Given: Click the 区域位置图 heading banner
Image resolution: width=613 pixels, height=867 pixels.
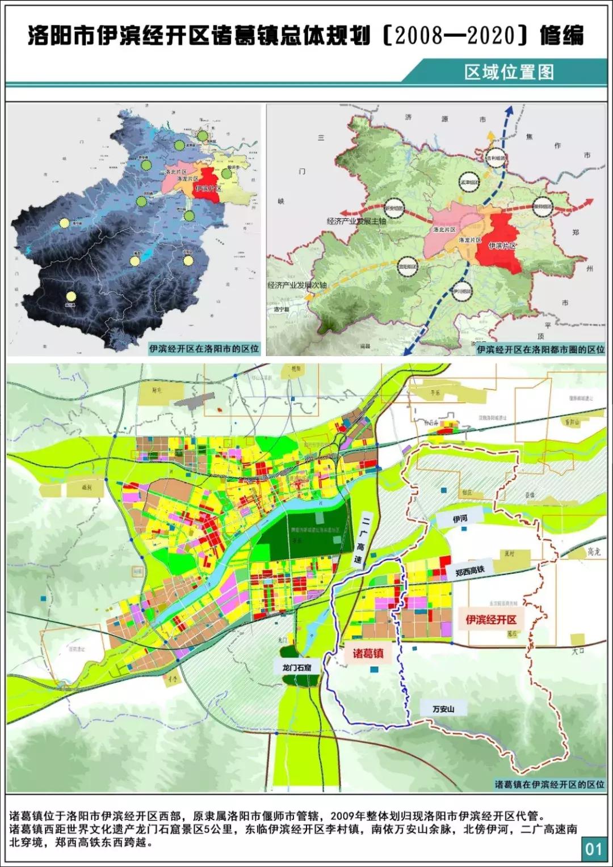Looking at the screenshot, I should point(509,72).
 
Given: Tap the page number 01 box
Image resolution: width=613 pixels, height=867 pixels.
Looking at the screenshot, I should point(594,849).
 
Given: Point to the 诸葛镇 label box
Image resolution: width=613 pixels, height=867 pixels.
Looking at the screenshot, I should point(368,653).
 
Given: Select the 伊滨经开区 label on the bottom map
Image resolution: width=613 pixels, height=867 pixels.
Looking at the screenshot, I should point(491,619).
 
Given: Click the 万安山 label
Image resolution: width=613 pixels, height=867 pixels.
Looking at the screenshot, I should point(443,709).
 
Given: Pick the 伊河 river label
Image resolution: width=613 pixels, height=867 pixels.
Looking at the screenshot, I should point(460,519).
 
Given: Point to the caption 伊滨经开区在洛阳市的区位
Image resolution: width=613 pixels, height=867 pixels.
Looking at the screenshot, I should point(204,349).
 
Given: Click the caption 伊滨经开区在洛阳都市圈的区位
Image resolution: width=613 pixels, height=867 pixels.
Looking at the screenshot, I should point(540,349).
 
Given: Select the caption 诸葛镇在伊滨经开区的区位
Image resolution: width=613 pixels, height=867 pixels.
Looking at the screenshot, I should point(549,784).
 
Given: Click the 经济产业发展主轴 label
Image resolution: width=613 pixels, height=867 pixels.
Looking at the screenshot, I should point(356,221).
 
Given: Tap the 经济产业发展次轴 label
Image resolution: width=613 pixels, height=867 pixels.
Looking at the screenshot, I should point(297,285).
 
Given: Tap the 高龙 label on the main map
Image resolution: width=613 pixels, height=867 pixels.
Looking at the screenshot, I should point(594,551).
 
